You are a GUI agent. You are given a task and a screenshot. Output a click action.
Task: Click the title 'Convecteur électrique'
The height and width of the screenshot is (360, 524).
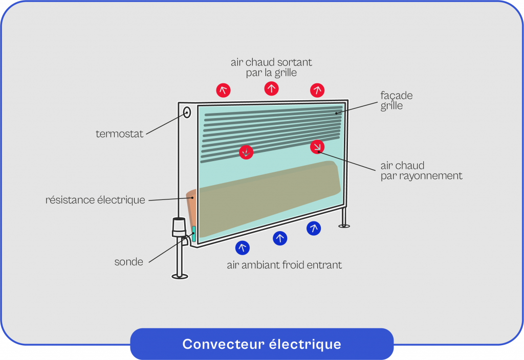(x=261, y=344)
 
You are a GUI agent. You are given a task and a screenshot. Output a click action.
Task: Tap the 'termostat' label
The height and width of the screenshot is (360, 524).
(x=119, y=134)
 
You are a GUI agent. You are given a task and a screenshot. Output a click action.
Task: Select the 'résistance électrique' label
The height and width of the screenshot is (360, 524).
(x=95, y=200)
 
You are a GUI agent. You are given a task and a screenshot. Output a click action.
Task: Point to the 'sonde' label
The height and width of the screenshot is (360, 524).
(x=128, y=262)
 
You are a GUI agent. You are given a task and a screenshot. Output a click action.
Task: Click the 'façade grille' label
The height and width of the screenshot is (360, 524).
(x=396, y=101)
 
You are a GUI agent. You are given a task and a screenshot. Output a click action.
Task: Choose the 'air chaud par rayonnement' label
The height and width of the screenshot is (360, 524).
(x=421, y=171)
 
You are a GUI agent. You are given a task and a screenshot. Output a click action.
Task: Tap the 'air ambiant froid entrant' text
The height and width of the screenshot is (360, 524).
(x=284, y=265)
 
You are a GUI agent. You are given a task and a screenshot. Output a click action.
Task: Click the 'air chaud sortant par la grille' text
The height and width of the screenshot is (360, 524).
(x=271, y=67)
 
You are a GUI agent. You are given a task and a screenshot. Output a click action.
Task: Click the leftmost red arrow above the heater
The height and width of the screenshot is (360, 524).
(x=223, y=91)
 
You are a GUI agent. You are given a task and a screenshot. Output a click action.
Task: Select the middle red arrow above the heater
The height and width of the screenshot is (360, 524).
(x=271, y=88)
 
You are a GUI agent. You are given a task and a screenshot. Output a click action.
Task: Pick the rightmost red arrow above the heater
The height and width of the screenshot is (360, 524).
(x=317, y=91)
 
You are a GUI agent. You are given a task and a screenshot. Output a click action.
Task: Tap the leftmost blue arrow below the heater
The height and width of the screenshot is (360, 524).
(x=243, y=248)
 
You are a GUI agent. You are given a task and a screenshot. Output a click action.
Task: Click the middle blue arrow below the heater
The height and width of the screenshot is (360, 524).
(x=280, y=238)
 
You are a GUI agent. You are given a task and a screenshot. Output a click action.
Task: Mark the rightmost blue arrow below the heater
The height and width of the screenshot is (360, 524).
(x=314, y=228)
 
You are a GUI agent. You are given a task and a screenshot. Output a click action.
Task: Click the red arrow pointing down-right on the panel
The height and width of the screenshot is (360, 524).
(x=317, y=147)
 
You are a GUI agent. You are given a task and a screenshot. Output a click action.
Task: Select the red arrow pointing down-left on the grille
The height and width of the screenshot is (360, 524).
(x=246, y=152)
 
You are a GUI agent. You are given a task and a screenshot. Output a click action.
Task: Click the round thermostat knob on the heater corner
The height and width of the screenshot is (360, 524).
(x=186, y=112)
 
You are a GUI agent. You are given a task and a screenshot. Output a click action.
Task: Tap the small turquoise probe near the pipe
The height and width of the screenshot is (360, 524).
(x=194, y=233)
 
